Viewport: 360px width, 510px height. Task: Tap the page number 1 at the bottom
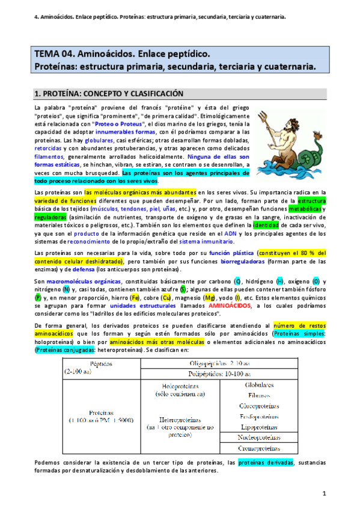[323, 494]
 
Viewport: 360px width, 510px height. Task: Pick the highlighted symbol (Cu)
[167, 297]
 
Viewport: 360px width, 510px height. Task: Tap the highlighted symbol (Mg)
[210, 297]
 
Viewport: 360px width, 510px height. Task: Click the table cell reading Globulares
[259, 385]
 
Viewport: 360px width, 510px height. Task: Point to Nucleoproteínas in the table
[259, 437]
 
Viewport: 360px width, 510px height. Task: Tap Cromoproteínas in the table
[259, 448]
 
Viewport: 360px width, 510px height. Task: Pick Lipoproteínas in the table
[259, 426]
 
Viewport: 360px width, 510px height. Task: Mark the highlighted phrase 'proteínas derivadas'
[265, 462]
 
